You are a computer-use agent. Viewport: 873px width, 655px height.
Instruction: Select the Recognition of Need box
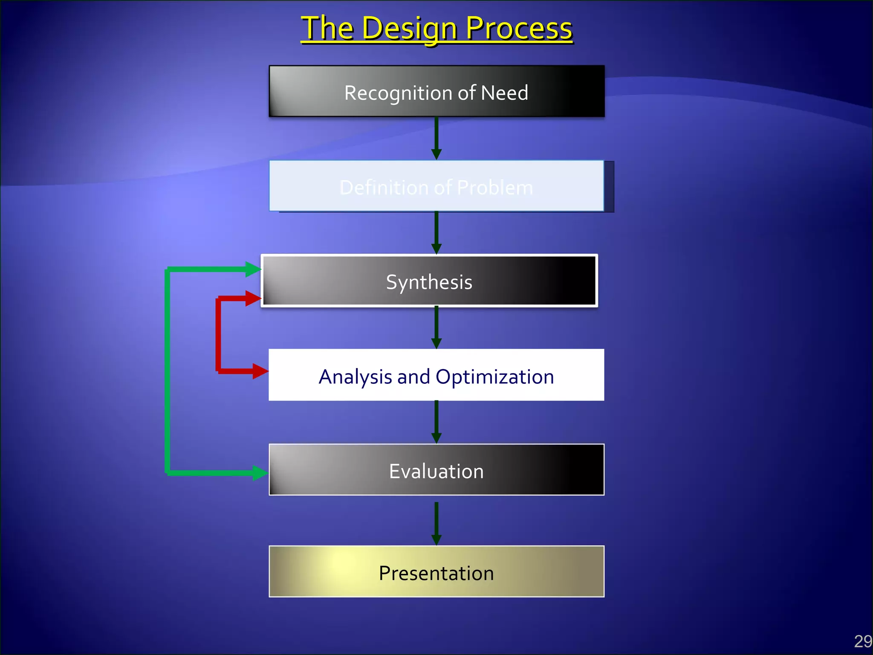click(436, 91)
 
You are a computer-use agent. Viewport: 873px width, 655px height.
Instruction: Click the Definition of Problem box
click(436, 186)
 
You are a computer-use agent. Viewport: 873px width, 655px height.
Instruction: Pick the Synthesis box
click(429, 281)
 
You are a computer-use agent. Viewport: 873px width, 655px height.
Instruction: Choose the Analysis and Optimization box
click(436, 375)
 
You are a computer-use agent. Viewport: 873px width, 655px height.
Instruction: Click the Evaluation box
click(436, 470)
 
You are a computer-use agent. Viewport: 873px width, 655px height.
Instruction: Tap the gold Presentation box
click(436, 572)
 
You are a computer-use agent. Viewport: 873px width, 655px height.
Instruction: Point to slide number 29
click(863, 641)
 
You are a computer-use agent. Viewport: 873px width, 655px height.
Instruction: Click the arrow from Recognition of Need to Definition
click(436, 139)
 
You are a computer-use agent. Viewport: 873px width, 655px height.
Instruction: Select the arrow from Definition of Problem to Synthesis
click(436, 233)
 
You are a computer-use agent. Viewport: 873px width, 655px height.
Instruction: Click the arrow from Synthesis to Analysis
click(436, 327)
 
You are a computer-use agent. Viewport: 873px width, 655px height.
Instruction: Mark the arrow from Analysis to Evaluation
click(436, 422)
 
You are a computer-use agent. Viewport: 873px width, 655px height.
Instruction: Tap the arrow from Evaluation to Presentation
click(436, 524)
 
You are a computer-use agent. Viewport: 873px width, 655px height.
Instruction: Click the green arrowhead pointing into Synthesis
click(253, 269)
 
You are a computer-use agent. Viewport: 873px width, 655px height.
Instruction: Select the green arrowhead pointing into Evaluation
click(260, 472)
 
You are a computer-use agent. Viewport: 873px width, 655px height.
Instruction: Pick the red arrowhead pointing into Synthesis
click(253, 298)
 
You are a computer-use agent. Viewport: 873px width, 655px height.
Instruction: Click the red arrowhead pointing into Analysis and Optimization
click(260, 371)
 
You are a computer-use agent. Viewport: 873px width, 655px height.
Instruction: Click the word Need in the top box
click(504, 93)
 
